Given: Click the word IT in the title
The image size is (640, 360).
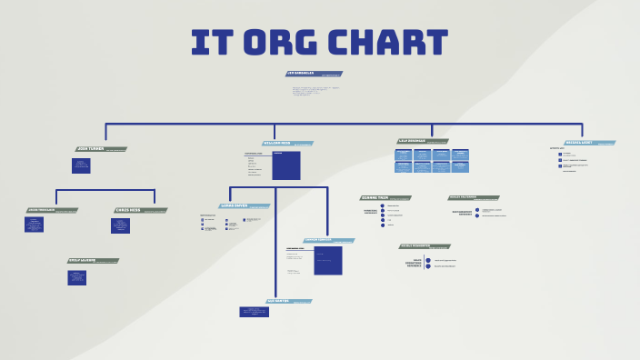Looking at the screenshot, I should coord(209,44).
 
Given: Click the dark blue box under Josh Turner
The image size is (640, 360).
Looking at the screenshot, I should coord(81,165).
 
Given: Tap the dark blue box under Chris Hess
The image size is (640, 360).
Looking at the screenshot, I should coord(120,225).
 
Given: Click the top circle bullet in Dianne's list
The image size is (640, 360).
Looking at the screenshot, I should coord(383,205).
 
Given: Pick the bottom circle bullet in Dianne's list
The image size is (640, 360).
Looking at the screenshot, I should coord(383,225).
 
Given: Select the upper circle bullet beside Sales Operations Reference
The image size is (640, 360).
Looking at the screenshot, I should coord(428,260).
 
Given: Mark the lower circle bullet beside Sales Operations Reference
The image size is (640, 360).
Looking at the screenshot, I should coord(428,266).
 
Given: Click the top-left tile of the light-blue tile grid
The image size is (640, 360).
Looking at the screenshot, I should coord(403,155).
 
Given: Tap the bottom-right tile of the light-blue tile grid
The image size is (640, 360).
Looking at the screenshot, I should coord(461,167).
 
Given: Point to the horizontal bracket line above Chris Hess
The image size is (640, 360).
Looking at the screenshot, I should coord(105,190).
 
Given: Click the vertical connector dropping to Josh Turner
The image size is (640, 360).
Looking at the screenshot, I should coord(106,135).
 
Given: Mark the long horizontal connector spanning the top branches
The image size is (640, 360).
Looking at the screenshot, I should coord(345,124).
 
